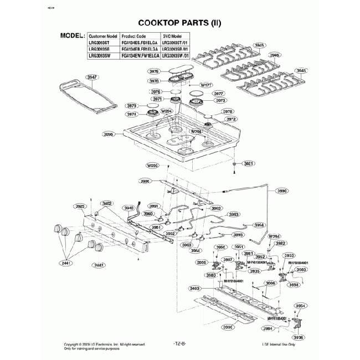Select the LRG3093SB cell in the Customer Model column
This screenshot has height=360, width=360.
(99, 49)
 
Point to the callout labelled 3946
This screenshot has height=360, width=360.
(275, 56)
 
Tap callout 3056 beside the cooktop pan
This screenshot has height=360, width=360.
(109, 134)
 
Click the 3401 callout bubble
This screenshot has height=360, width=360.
(249, 164)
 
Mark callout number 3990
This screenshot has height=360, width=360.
(282, 191)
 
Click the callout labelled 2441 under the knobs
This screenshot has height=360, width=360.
(67, 264)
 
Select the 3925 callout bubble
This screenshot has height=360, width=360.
(80, 206)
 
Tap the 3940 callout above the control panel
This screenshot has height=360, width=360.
(128, 208)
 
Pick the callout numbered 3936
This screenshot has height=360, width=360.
(299, 337)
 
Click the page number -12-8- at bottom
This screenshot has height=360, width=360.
(180, 343)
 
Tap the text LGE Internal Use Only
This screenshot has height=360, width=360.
(279, 344)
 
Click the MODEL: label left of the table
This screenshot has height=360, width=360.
(72, 35)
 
